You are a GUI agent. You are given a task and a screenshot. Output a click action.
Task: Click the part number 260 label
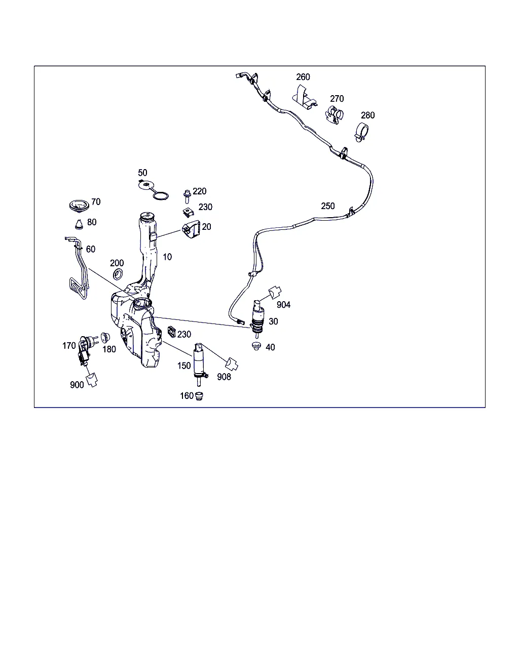[303, 77]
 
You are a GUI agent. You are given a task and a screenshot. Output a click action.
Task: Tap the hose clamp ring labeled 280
[361, 133]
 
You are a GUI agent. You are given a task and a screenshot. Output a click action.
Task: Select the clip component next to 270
[334, 115]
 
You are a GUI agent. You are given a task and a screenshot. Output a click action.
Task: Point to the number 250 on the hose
[328, 206]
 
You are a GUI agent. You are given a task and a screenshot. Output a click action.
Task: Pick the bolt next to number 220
[187, 196]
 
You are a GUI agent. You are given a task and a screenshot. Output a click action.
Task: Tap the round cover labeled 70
[79, 206]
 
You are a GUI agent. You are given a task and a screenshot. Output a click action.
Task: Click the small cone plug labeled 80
[79, 224]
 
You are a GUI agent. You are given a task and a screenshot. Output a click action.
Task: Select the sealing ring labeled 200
[118, 274]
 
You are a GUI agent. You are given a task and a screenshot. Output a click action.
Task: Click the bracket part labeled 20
[191, 230]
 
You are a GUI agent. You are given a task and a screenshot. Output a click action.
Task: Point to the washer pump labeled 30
[257, 319]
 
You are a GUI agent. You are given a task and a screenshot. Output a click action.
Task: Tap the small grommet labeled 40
[256, 346]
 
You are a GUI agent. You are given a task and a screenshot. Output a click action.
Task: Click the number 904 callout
[283, 305]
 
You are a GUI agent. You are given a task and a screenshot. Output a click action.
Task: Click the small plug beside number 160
[199, 396]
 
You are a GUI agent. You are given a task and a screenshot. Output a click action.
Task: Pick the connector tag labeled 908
[232, 364]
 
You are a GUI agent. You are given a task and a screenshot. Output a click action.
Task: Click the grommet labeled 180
[104, 338]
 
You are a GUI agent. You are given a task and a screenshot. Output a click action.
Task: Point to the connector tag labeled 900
[92, 380]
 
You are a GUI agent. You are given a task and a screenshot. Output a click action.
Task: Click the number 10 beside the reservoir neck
[167, 257]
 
